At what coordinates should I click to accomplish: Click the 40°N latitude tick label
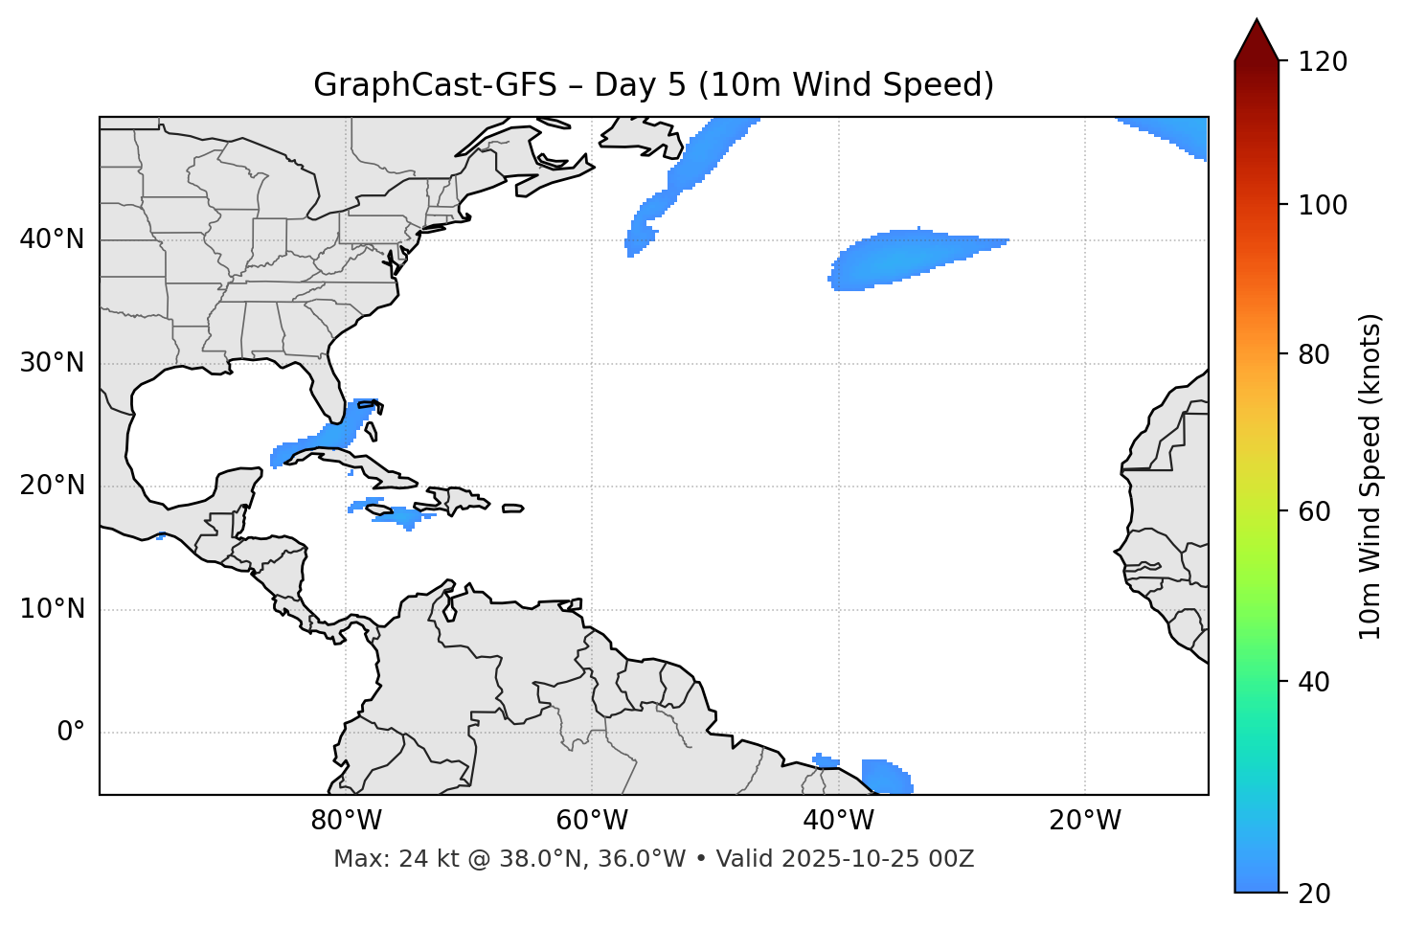tap(52, 239)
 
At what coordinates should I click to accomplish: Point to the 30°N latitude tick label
tap(52, 363)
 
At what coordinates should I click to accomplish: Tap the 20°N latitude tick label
tap(52, 487)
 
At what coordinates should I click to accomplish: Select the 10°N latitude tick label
tap(52, 609)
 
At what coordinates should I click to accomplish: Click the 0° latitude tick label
tap(70, 733)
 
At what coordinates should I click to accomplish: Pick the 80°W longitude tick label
tap(346, 821)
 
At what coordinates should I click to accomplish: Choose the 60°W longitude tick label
tap(592, 821)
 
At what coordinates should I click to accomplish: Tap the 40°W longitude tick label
tap(838, 821)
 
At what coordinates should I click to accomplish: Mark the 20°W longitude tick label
tap(1085, 821)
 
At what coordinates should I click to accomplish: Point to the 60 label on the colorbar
tap(1314, 511)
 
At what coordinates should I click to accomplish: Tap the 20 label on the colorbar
tap(1314, 894)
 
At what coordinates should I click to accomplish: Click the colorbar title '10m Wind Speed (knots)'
tap(1370, 476)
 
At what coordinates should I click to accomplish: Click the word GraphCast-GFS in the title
tap(434, 85)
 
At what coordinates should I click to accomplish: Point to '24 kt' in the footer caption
tap(419, 859)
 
